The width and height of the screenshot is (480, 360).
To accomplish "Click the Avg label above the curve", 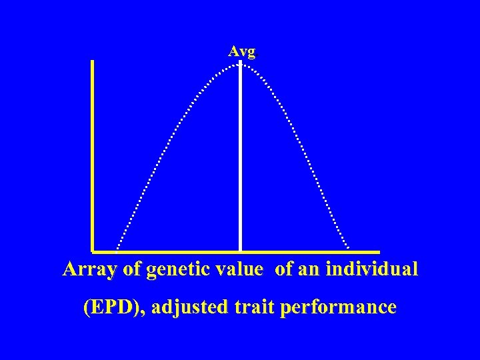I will pos(241,51).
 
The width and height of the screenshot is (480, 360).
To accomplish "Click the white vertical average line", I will pos(240,160).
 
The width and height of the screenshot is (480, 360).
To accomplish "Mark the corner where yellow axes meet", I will pos(93,252).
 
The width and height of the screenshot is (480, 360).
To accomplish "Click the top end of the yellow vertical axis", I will pos(92,61).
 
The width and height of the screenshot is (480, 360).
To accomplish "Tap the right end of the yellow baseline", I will pos(378,252).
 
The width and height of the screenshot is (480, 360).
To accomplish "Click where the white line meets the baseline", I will pos(240,251).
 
